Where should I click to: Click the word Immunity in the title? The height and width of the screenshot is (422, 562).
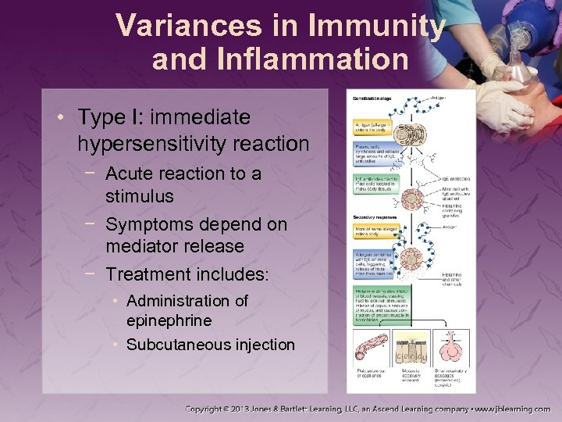pos(378,26)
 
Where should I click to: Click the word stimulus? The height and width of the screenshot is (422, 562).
pos(140,195)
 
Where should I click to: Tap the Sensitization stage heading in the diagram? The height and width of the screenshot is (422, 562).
pos(371,98)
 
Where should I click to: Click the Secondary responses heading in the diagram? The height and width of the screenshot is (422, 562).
pos(372,216)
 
